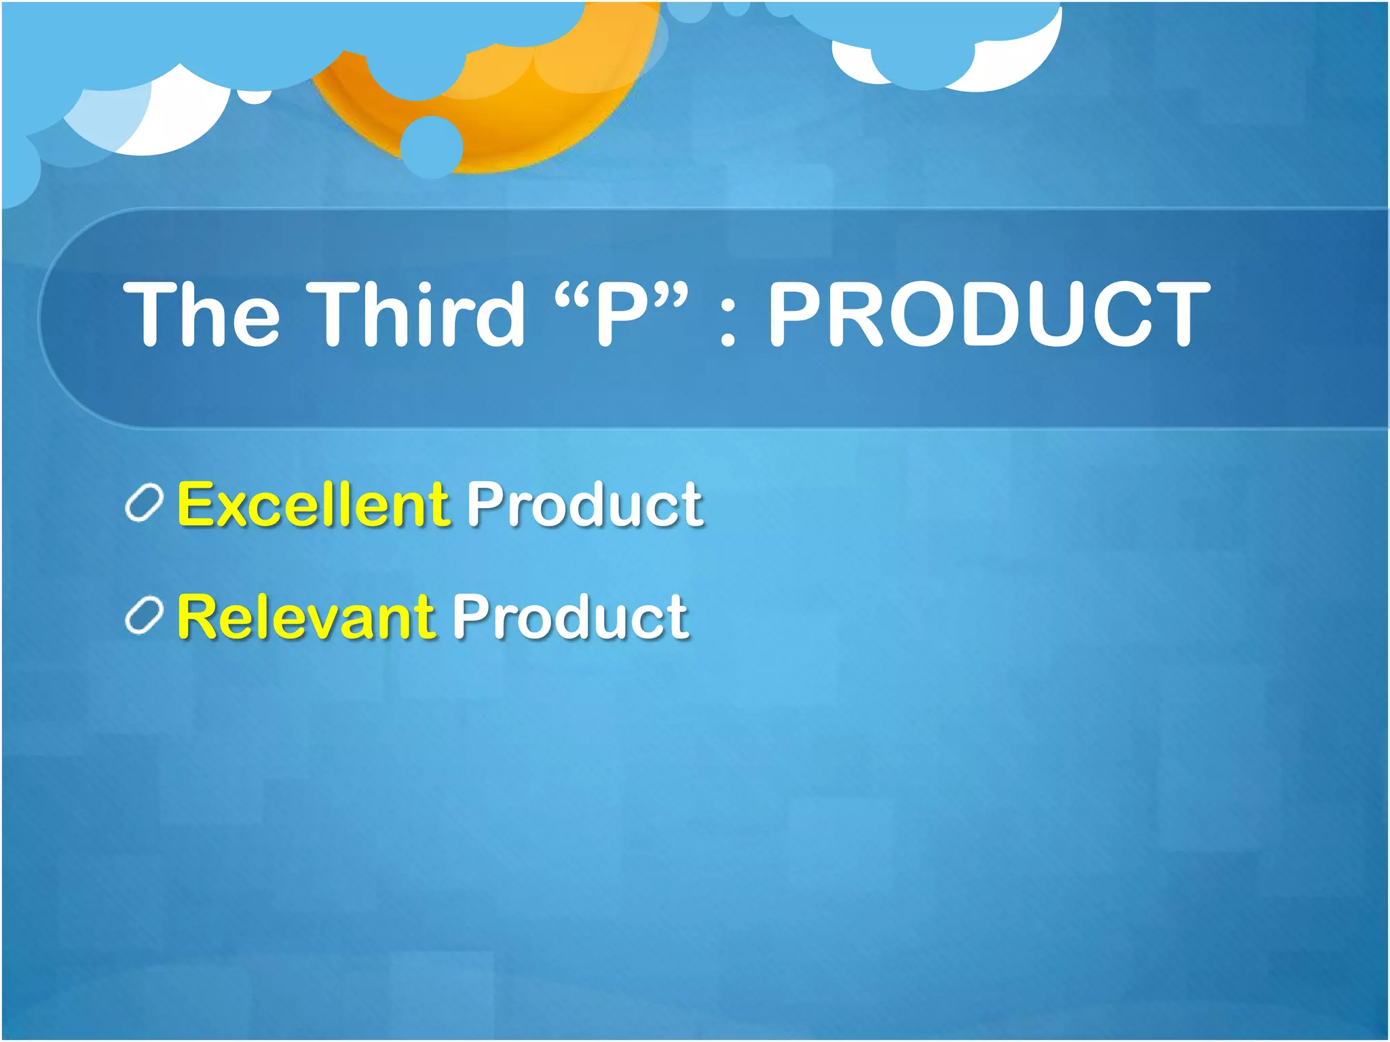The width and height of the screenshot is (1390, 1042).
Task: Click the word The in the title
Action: click(x=201, y=313)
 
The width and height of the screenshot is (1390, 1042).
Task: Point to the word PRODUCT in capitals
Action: click(x=988, y=313)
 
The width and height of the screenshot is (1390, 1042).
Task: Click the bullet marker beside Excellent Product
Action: click(x=144, y=503)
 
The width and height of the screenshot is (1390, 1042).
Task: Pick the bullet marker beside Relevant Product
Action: click(x=144, y=616)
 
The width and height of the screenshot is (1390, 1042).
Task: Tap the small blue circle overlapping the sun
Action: click(x=432, y=147)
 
